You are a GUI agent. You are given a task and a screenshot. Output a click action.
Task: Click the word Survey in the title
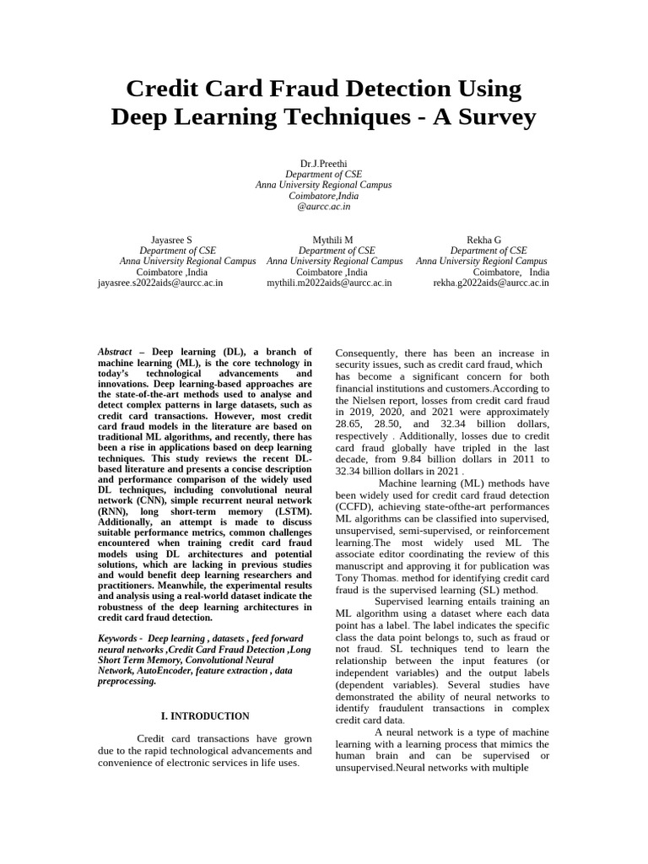point(492,116)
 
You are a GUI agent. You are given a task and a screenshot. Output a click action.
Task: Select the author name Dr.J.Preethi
point(323,162)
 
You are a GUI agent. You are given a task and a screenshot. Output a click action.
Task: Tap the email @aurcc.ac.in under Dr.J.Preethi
point(323,206)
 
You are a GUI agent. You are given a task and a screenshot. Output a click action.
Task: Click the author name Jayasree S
point(171,240)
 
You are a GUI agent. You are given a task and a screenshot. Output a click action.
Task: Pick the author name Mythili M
point(332,240)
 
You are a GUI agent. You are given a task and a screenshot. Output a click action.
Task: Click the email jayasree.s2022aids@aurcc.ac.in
point(160,283)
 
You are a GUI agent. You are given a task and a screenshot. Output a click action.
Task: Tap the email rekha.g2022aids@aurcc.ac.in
point(491,283)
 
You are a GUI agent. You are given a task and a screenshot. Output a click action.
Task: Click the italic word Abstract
point(115,351)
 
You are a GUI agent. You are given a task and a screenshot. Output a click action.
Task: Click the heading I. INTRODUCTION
point(205,716)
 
